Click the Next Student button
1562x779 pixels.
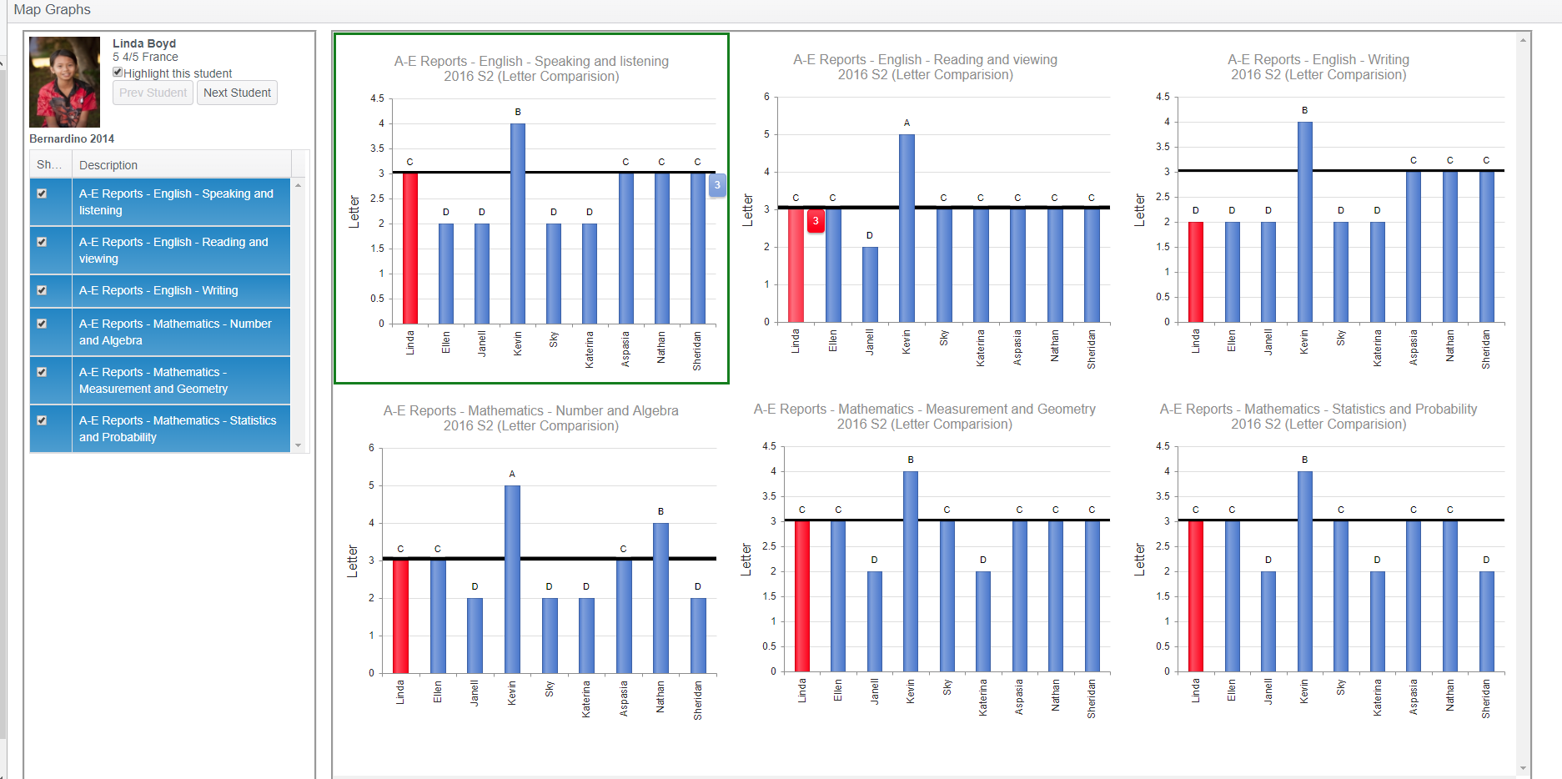(x=237, y=93)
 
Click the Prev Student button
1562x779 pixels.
(x=153, y=93)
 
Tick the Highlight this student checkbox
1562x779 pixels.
(x=118, y=73)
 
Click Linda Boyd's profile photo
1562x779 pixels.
(x=64, y=82)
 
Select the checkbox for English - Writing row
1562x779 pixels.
(x=42, y=290)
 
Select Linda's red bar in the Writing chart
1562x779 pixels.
(x=1195, y=272)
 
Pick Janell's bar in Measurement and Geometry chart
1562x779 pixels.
(x=874, y=621)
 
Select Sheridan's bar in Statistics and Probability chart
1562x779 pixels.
(x=1486, y=621)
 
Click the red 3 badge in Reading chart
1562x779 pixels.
(x=816, y=221)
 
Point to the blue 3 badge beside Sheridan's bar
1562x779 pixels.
(x=717, y=185)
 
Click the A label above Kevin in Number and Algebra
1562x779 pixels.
(x=512, y=474)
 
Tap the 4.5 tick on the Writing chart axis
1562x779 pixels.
(x=1163, y=97)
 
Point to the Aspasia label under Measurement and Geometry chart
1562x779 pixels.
(x=1019, y=696)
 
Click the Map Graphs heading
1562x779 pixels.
(x=52, y=10)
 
